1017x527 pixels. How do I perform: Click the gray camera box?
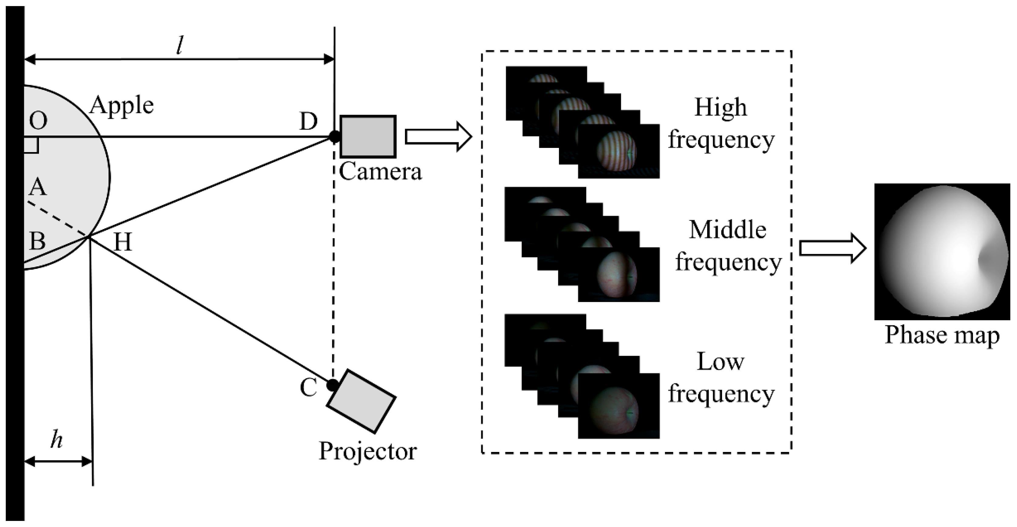pyautogui.click(x=368, y=137)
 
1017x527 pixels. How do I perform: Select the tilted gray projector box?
pyautogui.click(x=361, y=401)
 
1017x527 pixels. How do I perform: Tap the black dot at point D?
pyautogui.click(x=334, y=137)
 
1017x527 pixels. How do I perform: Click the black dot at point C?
pyautogui.click(x=332, y=385)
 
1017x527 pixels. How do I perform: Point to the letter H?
pyautogui.click(x=122, y=242)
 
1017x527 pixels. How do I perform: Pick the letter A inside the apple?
pyautogui.click(x=38, y=187)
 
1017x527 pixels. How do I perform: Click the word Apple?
pyautogui.click(x=121, y=105)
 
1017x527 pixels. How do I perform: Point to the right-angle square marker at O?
pyautogui.click(x=31, y=145)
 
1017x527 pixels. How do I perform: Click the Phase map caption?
pyautogui.click(x=942, y=336)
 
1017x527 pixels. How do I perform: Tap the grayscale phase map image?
pyautogui.click(x=942, y=251)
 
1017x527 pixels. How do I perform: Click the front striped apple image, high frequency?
pyautogui.click(x=618, y=151)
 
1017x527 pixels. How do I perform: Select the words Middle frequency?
pyautogui.click(x=728, y=245)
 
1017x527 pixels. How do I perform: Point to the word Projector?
pyautogui.click(x=367, y=451)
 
